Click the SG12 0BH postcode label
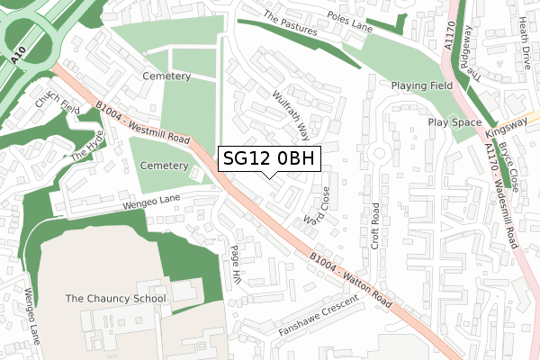pyautogui.click(x=268, y=158)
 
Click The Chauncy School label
pyautogui.click(x=115, y=298)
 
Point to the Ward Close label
pyautogui.click(x=318, y=206)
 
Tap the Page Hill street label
pyautogui.click(x=236, y=265)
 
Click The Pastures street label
pyautogui.click(x=291, y=24)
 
